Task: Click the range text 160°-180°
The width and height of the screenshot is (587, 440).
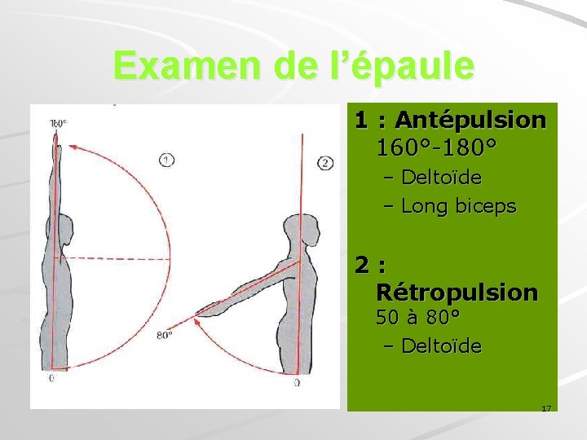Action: point(436,149)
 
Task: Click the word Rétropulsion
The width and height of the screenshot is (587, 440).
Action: point(457,292)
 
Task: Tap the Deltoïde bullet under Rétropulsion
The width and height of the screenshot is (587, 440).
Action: point(442,346)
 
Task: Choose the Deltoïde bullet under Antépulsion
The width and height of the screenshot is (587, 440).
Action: point(442,178)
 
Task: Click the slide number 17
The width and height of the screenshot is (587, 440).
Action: point(546,407)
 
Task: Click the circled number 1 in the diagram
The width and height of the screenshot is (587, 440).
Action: point(166,160)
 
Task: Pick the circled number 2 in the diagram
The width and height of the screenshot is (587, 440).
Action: point(325,163)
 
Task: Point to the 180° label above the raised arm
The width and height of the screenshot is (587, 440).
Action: point(58,124)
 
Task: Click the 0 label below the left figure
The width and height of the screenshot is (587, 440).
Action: point(51,379)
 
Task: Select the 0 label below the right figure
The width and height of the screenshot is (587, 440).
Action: point(296,381)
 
